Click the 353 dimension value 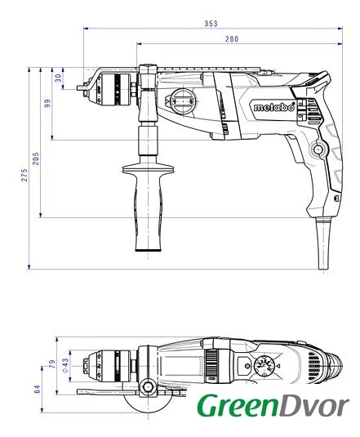pos(211,24)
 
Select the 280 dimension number pos(232,39)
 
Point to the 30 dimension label pos(58,78)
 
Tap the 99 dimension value pos(47,103)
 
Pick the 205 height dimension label pos(36,158)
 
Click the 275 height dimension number pos(24,175)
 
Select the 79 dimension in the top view pos(52,364)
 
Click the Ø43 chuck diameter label pos(64,365)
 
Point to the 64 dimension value pos(37,389)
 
